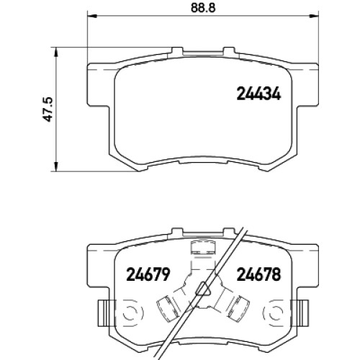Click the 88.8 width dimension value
(203, 8)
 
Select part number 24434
(258, 94)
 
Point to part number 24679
(148, 274)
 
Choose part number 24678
(258, 274)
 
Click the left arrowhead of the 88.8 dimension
(91, 16)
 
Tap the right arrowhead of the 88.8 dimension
(314, 16)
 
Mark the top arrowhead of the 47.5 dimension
(56, 52)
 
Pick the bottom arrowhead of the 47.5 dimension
(56, 166)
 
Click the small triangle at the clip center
(203, 289)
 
